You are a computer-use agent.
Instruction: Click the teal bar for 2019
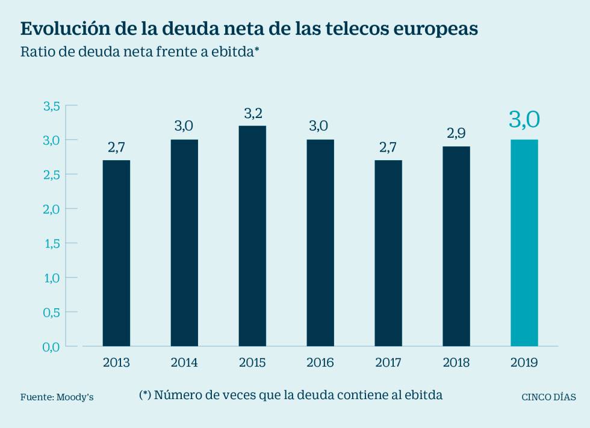(x=524, y=243)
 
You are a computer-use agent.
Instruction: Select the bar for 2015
(x=252, y=235)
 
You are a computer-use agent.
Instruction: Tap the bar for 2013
(x=116, y=253)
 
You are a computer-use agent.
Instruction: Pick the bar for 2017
(x=388, y=253)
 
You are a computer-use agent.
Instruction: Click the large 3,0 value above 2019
(x=524, y=119)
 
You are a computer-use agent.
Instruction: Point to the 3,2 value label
(x=252, y=113)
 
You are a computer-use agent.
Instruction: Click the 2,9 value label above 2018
(x=456, y=133)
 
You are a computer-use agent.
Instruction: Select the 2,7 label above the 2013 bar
(x=116, y=147)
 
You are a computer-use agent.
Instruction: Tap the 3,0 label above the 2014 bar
(x=184, y=126)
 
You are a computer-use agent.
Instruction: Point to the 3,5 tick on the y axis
(x=51, y=106)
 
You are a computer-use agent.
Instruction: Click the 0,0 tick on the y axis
(x=51, y=347)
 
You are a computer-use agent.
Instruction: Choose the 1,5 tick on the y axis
(x=51, y=243)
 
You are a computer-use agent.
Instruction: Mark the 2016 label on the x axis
(x=320, y=363)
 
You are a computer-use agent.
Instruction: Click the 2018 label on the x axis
(x=456, y=363)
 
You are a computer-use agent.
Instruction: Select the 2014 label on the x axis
(x=184, y=363)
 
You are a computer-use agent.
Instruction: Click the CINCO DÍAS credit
(x=548, y=397)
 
